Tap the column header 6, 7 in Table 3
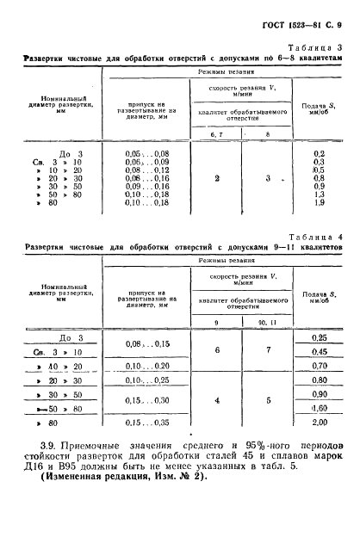(218, 133)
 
